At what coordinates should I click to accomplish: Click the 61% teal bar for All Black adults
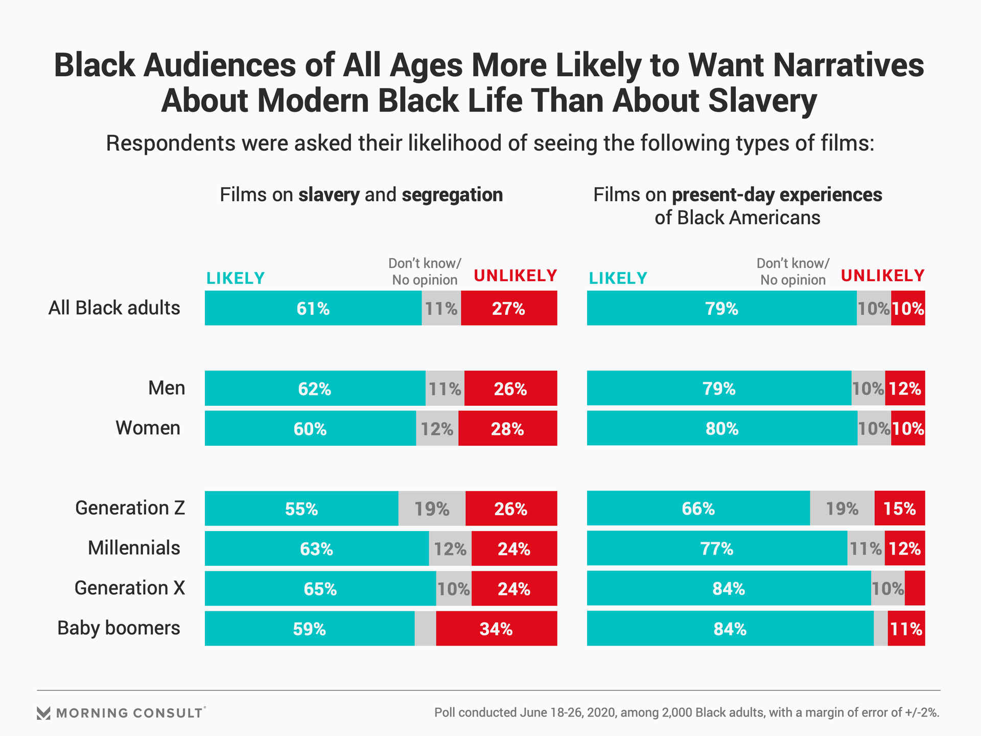point(313,308)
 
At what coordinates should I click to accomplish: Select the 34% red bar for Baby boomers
point(496,629)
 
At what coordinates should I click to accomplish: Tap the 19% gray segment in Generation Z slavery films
point(432,509)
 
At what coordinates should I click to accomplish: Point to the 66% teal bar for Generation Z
point(698,509)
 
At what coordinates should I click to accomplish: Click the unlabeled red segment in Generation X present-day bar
point(915,589)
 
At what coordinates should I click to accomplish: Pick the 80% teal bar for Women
point(721,428)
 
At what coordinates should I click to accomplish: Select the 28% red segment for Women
point(507,428)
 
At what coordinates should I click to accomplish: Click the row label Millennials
point(134,548)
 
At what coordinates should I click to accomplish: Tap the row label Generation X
point(130,588)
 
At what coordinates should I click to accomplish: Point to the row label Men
point(167,388)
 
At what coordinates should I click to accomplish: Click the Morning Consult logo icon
point(43,713)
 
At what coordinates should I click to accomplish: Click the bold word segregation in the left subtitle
point(452,195)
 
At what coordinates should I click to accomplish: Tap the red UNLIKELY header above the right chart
point(882,276)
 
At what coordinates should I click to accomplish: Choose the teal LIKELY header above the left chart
point(235,279)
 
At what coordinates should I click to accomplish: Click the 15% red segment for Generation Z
point(899,509)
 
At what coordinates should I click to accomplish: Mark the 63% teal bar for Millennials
point(316,549)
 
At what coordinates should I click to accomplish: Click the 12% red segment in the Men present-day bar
point(904,388)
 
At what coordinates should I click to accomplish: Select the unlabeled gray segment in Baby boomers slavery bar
point(425,629)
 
